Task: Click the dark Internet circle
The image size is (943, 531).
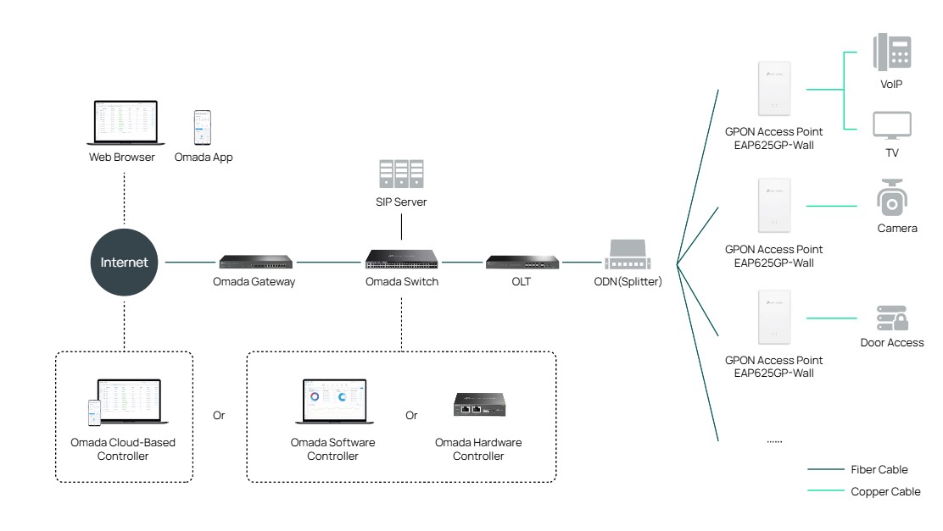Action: coord(124,262)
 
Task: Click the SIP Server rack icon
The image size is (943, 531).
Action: coord(401,174)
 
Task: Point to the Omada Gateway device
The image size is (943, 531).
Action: coord(254,262)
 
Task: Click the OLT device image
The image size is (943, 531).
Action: coord(522,262)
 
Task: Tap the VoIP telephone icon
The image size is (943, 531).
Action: coord(891,51)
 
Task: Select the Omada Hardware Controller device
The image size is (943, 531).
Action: coord(478,406)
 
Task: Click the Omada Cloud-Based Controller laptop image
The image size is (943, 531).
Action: coord(127,402)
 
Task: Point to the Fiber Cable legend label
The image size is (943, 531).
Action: coord(879,469)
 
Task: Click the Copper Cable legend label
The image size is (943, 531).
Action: coord(884,491)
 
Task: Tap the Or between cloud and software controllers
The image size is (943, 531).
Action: coord(219,416)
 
